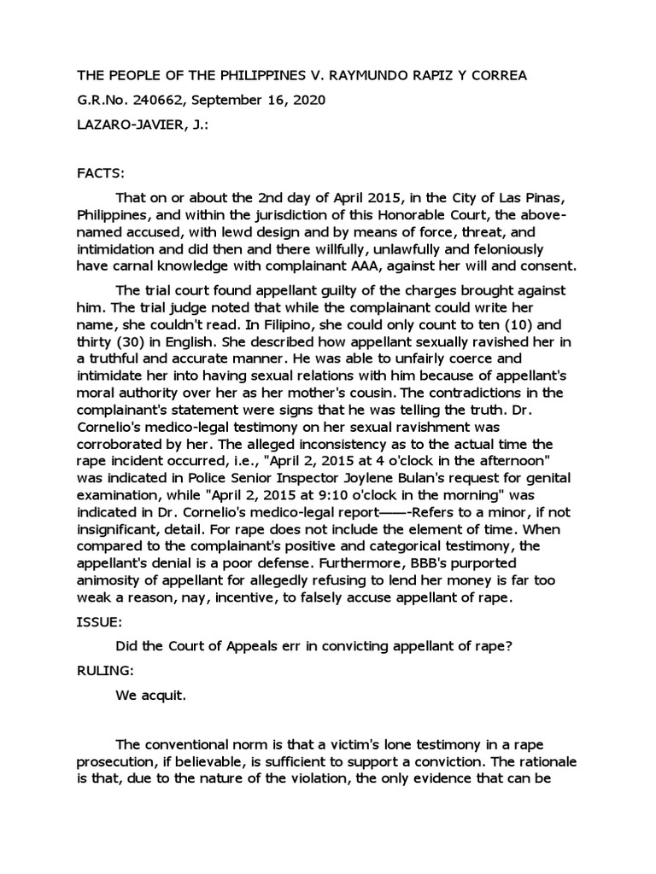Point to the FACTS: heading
(x=101, y=172)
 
